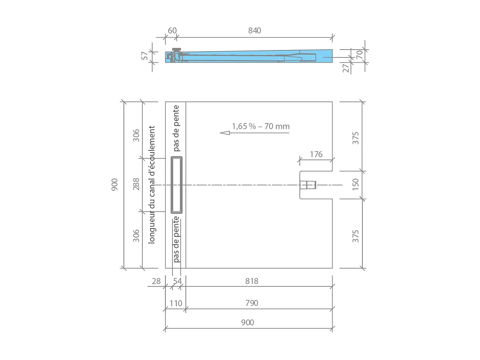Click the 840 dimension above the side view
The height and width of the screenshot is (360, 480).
(x=254, y=30)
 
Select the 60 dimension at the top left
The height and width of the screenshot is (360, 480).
(x=172, y=30)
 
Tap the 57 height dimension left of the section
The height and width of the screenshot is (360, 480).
(x=145, y=56)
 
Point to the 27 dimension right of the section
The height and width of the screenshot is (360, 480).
(x=346, y=68)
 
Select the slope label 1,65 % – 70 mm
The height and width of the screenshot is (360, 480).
(x=261, y=126)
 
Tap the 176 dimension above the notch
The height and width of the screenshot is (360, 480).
(x=316, y=154)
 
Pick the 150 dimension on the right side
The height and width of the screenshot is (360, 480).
(x=355, y=184)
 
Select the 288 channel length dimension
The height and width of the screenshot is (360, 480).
(x=136, y=184)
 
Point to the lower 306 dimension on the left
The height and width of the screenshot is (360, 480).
(x=136, y=235)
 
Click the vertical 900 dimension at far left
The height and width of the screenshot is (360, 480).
(x=115, y=184)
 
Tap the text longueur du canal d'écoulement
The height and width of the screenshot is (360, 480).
(x=152, y=184)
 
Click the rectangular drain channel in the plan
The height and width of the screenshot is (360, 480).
(x=176, y=184)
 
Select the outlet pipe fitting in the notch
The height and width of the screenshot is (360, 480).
(x=308, y=185)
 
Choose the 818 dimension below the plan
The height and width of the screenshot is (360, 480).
(x=252, y=281)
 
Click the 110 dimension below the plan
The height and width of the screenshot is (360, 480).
(x=176, y=303)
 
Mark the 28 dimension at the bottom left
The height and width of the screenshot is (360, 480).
(x=156, y=281)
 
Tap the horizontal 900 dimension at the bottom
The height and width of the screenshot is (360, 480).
(x=247, y=322)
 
